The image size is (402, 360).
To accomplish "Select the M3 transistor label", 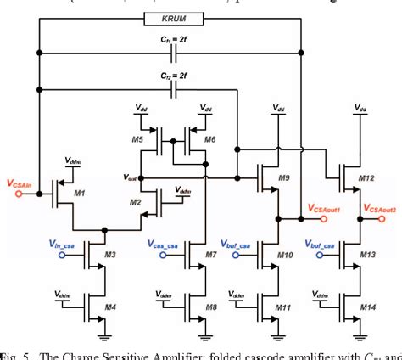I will pos(111,255).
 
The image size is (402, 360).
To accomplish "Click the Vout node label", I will pos(129,178).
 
